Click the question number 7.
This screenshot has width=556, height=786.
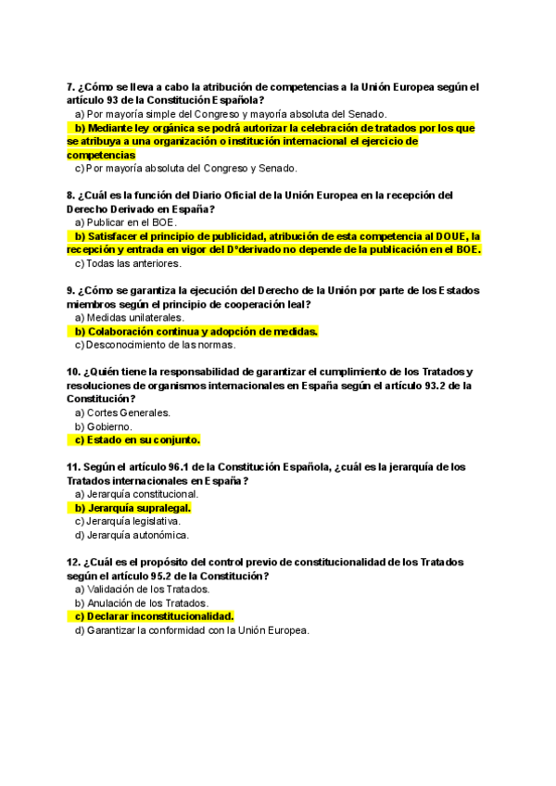[71, 87]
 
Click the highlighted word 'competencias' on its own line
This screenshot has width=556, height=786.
[101, 155]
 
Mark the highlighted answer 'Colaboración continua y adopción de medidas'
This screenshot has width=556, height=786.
[196, 332]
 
